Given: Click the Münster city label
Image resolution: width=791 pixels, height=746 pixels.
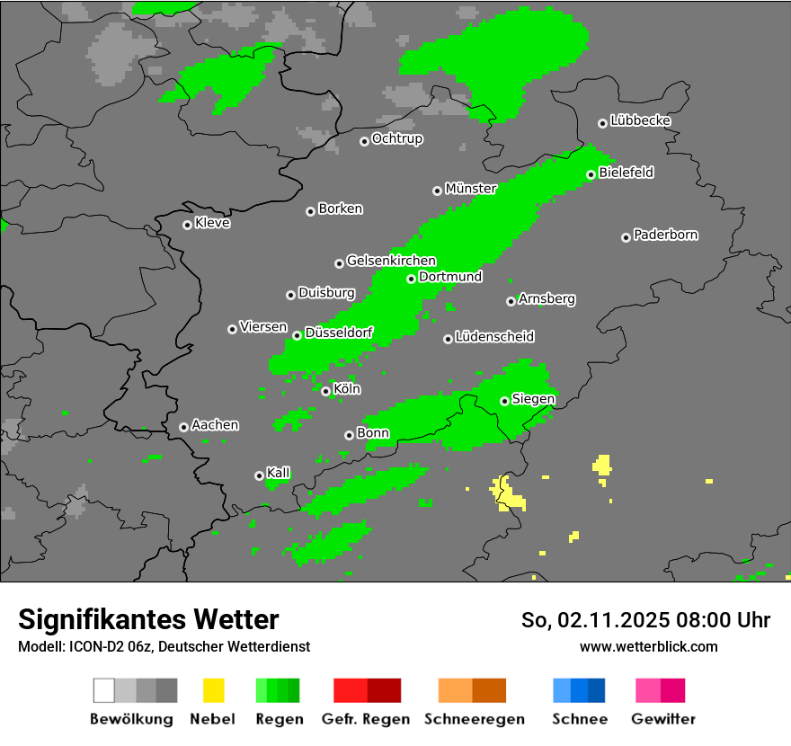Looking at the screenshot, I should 471,189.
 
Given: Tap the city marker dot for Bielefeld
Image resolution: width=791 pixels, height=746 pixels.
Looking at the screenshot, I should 591,174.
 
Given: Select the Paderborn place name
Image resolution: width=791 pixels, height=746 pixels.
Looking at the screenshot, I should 666,235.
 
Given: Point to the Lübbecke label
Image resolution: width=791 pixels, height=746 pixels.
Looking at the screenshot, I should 641,120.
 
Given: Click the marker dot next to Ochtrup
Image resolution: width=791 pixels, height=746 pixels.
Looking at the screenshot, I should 364,141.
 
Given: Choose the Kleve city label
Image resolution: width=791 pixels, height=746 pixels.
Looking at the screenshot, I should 213,223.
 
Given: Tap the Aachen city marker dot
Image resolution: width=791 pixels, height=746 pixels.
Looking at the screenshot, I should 183,427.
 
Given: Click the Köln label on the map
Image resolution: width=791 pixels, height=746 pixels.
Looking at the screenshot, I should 347,389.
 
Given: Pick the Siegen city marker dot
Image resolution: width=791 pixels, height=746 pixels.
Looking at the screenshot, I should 504,401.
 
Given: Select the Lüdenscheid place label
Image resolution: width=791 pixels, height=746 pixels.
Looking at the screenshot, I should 495,337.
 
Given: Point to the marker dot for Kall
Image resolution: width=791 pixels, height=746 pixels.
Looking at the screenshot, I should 259,475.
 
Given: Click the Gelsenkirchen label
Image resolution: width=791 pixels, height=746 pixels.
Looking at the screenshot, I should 391,262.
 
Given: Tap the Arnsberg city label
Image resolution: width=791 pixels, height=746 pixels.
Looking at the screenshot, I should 547,299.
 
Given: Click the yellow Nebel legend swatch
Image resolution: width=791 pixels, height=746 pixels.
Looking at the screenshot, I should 213,690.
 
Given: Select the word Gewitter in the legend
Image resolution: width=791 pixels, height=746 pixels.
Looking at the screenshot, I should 663,719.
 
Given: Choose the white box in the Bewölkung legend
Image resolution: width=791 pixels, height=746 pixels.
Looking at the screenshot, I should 104,690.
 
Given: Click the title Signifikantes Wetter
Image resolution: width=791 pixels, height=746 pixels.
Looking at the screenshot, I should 148,620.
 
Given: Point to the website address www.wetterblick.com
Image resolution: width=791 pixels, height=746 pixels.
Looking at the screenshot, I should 649,646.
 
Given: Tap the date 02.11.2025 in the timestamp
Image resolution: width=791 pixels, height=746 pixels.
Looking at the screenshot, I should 609,620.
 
